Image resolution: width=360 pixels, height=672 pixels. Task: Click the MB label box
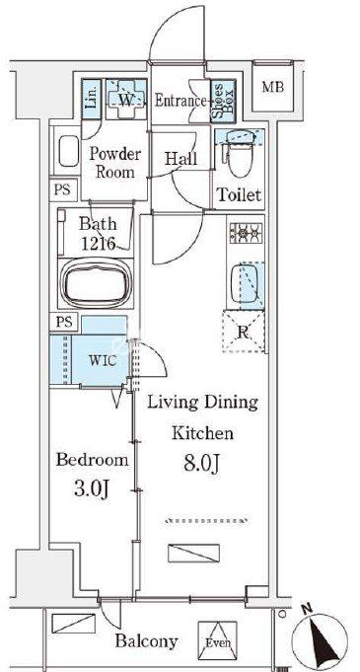point(272,88)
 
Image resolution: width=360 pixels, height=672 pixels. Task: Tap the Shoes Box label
point(223,101)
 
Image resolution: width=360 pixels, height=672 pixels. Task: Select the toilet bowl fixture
point(240,152)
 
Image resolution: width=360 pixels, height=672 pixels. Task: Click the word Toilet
point(239,195)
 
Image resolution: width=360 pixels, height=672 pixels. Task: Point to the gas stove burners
point(246,233)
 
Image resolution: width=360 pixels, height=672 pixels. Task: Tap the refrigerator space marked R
point(243,333)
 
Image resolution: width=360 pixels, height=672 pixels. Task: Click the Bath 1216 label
point(98,234)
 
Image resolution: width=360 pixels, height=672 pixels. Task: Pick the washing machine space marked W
point(126,100)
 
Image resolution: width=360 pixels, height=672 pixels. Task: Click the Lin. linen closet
point(92,100)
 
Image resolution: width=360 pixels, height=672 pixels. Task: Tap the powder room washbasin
point(69,151)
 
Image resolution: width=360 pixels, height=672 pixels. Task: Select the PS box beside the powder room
point(62,189)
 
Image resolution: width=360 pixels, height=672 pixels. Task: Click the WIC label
point(102,360)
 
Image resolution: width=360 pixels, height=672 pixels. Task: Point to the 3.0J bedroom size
point(93,489)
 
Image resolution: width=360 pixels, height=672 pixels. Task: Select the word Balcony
point(147,642)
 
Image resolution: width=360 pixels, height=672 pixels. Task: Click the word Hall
point(181,159)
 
